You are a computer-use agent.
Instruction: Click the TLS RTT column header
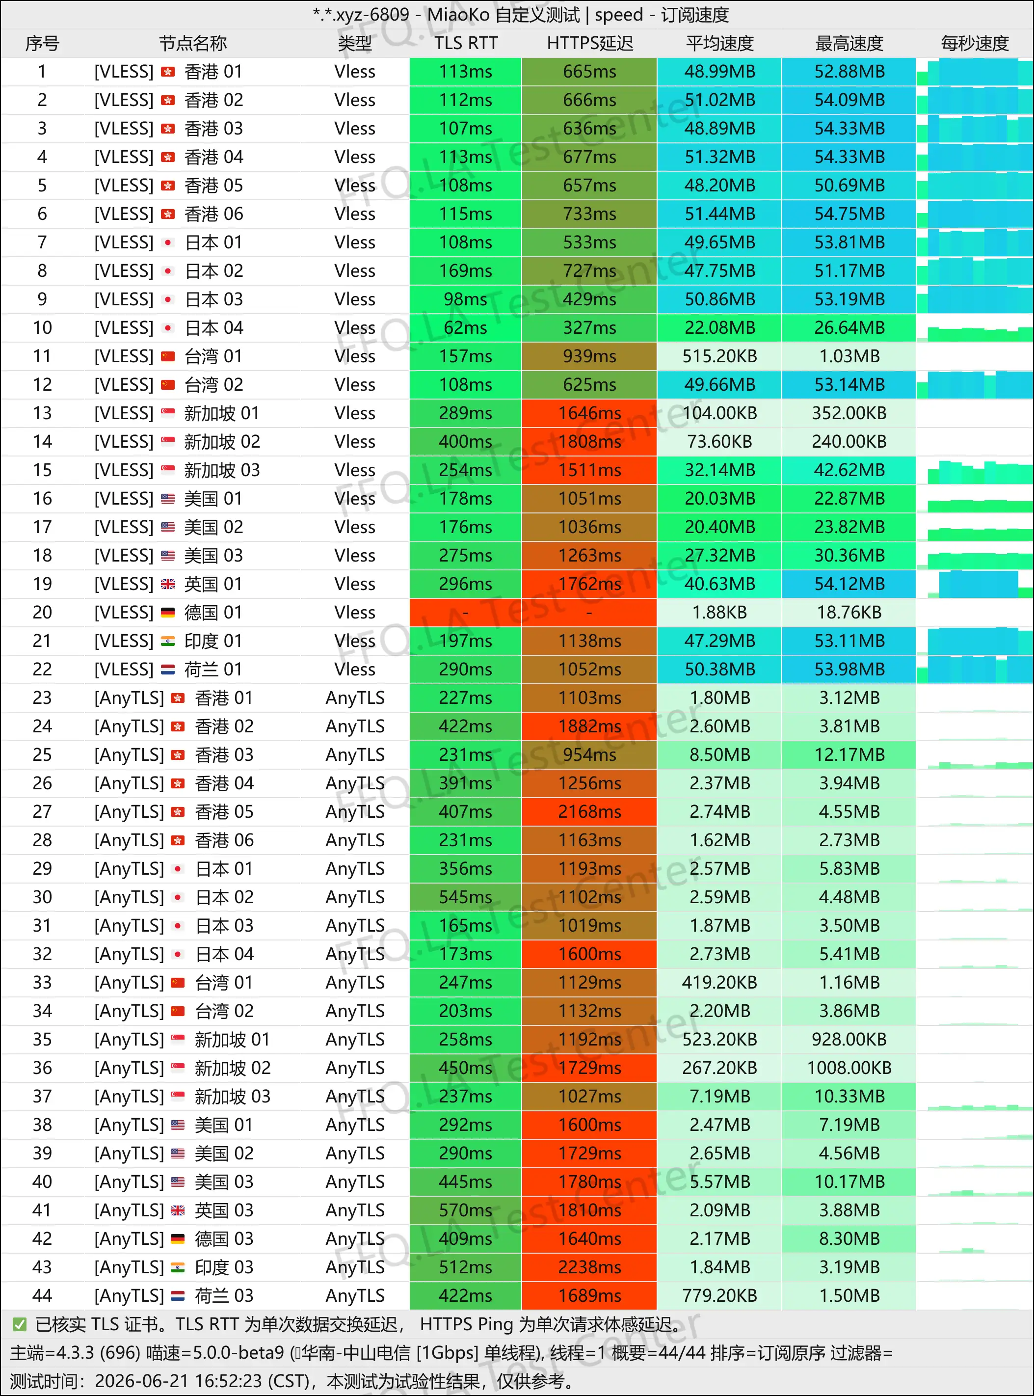pyautogui.click(x=466, y=43)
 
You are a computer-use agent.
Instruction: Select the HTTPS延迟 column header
pyautogui.click(x=589, y=43)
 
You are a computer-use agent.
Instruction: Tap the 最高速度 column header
pyautogui.click(x=848, y=43)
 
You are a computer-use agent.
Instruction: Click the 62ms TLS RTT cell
pyautogui.click(x=466, y=327)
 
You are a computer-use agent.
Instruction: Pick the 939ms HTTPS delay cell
pyautogui.click(x=589, y=356)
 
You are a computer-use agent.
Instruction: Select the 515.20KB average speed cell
pyautogui.click(x=719, y=356)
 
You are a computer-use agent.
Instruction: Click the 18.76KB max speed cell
pyautogui.click(x=848, y=612)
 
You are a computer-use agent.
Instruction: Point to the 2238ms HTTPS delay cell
pyautogui.click(x=589, y=1267)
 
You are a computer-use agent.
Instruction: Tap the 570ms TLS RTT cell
pyautogui.click(x=466, y=1210)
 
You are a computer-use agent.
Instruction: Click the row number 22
pyautogui.click(x=42, y=669)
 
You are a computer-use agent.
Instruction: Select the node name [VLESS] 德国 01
pyautogui.click(x=168, y=612)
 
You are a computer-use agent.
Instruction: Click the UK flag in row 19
pyautogui.click(x=168, y=584)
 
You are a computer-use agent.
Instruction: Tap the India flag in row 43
pyautogui.click(x=178, y=1267)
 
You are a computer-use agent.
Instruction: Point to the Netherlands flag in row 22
pyautogui.click(x=168, y=669)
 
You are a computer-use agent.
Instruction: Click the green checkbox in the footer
pyautogui.click(x=20, y=1324)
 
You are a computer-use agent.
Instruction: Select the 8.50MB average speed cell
pyautogui.click(x=719, y=755)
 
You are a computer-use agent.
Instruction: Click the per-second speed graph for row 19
pyautogui.click(x=975, y=584)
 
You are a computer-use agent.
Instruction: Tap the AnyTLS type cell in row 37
pyautogui.click(x=355, y=1096)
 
